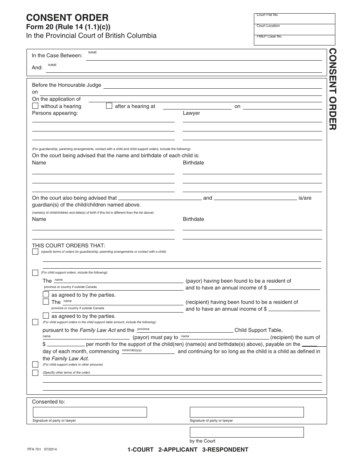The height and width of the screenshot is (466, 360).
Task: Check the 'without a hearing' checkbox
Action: coord(35,106)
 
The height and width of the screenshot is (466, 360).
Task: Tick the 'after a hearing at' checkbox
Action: coord(109,106)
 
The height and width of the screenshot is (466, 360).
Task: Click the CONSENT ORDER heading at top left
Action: coord(67,17)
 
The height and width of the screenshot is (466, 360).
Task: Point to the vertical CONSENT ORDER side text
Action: coord(332,89)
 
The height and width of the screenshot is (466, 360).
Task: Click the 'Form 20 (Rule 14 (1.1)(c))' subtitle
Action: coord(68,27)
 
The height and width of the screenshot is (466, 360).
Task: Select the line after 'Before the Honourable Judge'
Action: coord(212,85)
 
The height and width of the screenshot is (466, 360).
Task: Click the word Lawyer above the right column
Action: coord(191,113)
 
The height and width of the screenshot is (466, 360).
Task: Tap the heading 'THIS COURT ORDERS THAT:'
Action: coord(69,246)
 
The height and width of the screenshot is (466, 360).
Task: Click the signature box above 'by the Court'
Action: coord(247,432)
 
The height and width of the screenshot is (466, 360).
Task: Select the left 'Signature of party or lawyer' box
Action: coord(90,412)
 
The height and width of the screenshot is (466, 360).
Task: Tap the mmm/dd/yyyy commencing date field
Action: coord(148,351)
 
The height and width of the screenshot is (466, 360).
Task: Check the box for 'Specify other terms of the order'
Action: coord(35,373)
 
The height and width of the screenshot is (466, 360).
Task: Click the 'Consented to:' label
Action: coord(49,402)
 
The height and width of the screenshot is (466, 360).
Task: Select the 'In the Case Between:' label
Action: coord(57,55)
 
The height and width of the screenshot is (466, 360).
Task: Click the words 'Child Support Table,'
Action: coord(258,330)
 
